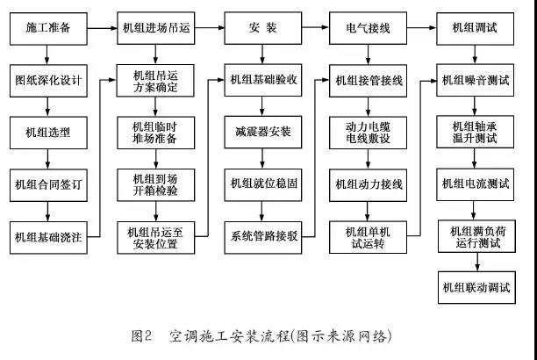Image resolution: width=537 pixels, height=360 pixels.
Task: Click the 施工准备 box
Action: click(48, 29)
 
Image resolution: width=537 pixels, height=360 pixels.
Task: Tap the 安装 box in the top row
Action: click(261, 29)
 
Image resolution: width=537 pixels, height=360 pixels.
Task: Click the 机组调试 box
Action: click(474, 29)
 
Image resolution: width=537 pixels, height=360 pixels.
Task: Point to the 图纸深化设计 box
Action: click(48, 81)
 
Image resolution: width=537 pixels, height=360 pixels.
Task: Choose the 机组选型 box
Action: click(48, 133)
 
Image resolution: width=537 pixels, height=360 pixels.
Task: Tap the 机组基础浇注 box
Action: click(48, 236)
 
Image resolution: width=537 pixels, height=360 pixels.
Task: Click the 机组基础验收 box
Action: click(261, 81)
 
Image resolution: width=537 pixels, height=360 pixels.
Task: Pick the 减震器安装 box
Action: click(261, 133)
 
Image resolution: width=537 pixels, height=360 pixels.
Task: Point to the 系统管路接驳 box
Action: click(261, 236)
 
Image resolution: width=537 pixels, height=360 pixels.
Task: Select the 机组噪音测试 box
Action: click(474, 81)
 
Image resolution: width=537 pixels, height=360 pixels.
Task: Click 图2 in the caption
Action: click(142, 336)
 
